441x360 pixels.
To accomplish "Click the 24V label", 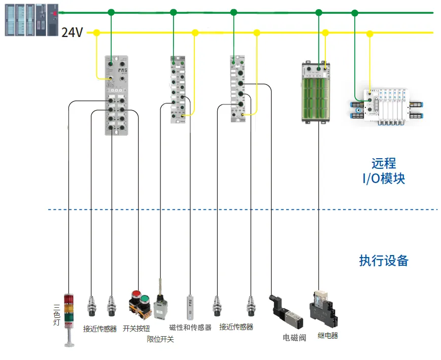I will [x=72, y=33].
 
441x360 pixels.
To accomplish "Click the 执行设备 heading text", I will [x=383, y=261].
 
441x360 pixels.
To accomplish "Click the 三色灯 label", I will [x=57, y=314].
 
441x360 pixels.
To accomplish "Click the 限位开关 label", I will [x=160, y=339].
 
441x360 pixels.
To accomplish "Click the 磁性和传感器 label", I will [x=190, y=328].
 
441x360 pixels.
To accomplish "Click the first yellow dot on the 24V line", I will [x=96, y=33].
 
